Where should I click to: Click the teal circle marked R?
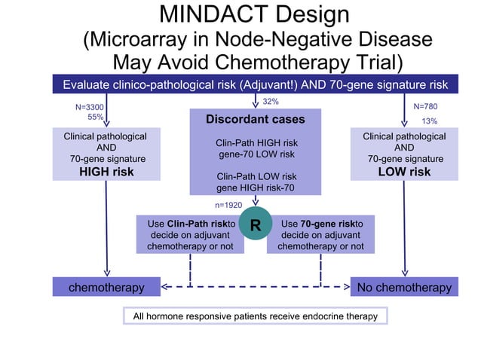[255, 224]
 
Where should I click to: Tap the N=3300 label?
[89, 108]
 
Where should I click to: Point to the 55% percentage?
[95, 117]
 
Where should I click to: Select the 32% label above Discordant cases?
[271, 101]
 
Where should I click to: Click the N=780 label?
[425, 107]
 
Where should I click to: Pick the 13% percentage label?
[429, 121]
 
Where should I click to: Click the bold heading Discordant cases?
[256, 120]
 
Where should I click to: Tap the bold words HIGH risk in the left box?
[107, 172]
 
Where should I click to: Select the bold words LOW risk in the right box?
[404, 172]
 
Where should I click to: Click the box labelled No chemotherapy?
[404, 287]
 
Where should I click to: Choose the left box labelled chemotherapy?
[106, 287]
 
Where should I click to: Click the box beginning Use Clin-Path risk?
[191, 235]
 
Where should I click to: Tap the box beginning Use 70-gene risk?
[320, 235]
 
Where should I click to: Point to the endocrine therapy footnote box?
[256, 316]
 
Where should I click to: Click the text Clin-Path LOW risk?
[256, 176]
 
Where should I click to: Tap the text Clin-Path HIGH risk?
[256, 142]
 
